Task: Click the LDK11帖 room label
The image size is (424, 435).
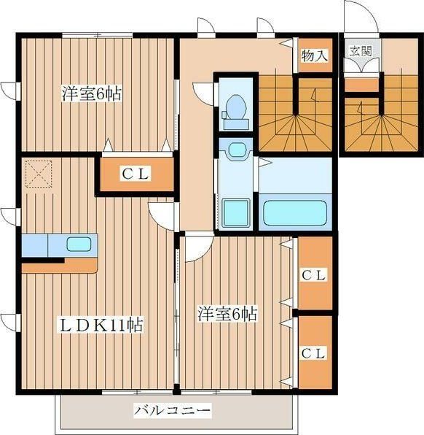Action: (x=101, y=325)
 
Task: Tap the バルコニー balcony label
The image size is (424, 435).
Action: (x=172, y=410)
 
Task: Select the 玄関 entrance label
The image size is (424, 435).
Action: (x=361, y=51)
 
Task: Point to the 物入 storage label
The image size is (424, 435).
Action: (x=314, y=55)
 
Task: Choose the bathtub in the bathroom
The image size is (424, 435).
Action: (x=294, y=212)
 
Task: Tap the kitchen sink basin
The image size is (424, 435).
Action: (x=79, y=244)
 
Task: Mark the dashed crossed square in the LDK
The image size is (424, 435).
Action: (x=39, y=174)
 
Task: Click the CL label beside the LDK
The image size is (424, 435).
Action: (x=136, y=174)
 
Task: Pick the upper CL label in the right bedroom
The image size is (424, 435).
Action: (x=313, y=275)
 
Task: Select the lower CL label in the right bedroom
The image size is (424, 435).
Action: (x=313, y=353)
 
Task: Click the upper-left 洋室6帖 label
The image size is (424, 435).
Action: (x=91, y=93)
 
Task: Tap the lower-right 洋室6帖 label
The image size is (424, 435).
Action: (x=227, y=314)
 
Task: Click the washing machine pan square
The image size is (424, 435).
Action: (x=236, y=212)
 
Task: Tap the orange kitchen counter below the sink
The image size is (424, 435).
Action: (x=60, y=266)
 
